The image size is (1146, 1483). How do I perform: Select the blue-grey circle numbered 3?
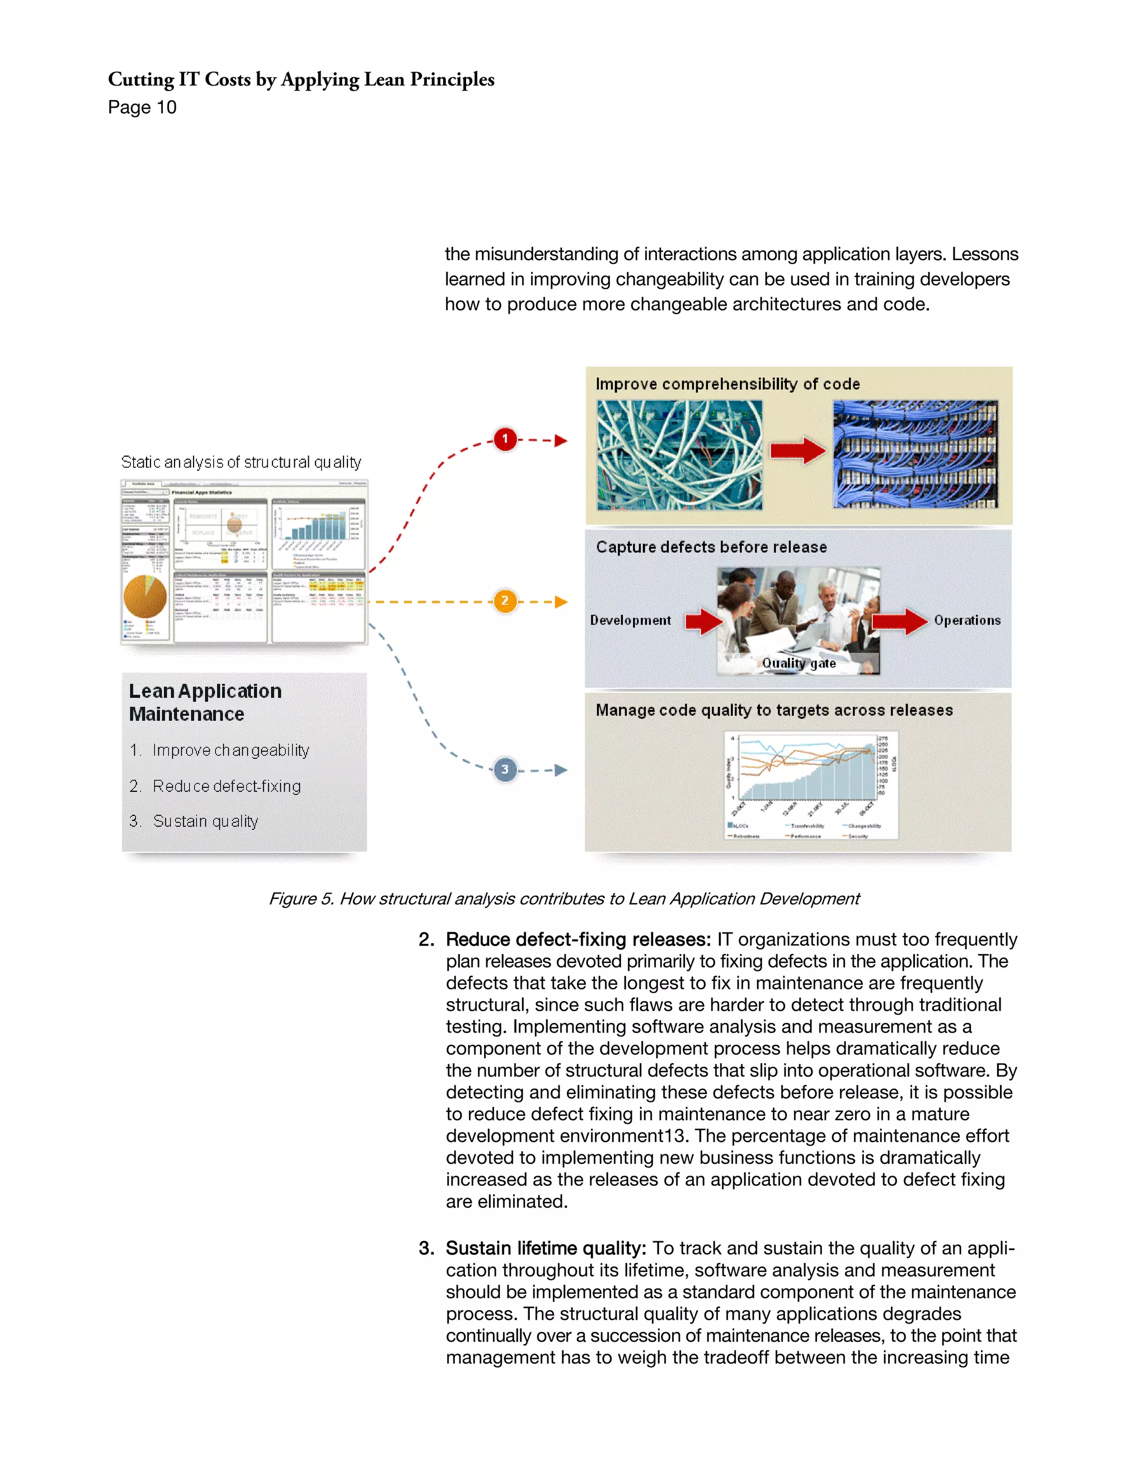coord(504,769)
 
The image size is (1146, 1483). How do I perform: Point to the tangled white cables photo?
coord(679,454)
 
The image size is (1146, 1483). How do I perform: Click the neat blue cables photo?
coord(915,454)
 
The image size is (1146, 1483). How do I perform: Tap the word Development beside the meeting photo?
coord(630,620)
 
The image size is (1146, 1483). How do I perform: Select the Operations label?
coord(967,620)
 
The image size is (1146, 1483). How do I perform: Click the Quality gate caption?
coord(799,663)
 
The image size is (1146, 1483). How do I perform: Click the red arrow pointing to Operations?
coord(899,621)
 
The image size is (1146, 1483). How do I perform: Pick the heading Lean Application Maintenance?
coord(204,702)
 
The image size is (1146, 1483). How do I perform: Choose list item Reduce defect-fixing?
coord(226,786)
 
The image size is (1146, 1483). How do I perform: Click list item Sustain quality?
coord(205,821)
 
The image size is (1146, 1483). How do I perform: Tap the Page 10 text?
coord(142,107)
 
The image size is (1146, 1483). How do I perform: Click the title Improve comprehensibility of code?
coord(727,384)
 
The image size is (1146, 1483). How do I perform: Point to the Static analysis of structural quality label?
coord(241,462)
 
